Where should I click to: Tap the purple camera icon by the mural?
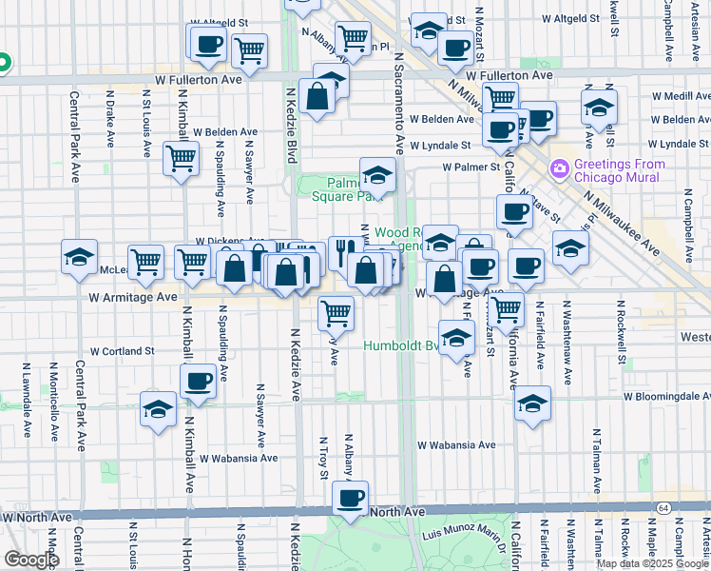(x=559, y=168)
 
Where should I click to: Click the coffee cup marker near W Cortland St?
(x=199, y=382)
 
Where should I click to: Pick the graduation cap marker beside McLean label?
(x=80, y=256)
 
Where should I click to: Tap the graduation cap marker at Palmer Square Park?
(x=377, y=176)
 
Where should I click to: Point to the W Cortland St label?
(x=123, y=351)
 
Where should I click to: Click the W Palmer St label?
(x=471, y=167)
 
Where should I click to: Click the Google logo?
(x=32, y=560)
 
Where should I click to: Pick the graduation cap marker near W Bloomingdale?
(x=533, y=404)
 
